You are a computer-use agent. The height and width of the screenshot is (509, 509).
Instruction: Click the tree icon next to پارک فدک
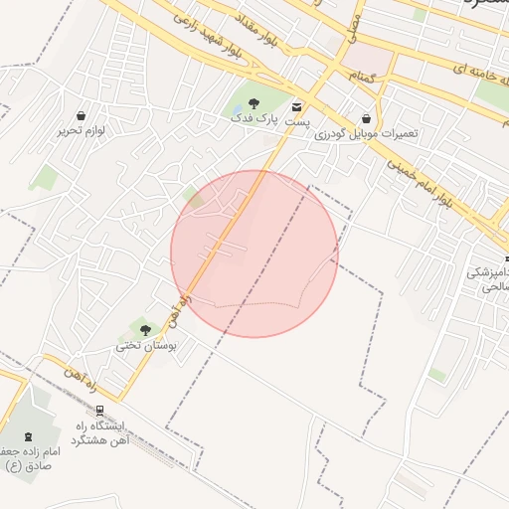(x=254, y=102)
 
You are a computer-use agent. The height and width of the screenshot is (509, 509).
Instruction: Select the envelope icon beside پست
(x=296, y=106)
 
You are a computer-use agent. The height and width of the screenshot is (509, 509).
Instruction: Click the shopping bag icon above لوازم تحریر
(x=81, y=115)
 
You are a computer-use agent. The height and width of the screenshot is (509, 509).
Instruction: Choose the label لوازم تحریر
(x=81, y=130)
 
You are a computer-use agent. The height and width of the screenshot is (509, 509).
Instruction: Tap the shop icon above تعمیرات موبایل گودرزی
(x=367, y=118)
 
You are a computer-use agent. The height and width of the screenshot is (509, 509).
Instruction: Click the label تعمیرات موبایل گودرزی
(x=367, y=133)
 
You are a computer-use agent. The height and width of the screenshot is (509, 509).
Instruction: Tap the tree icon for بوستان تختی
(x=145, y=330)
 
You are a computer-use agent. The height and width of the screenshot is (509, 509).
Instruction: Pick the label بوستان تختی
(x=145, y=346)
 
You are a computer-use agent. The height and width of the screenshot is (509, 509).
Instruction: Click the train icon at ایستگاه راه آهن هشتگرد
(x=99, y=410)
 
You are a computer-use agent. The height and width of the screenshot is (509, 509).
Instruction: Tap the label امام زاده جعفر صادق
(x=32, y=457)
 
